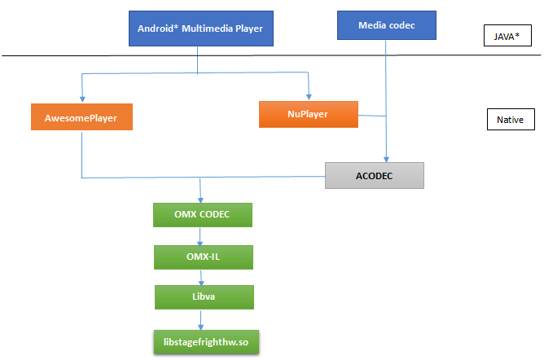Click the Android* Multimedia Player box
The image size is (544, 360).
pos(201,29)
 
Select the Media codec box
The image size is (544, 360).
pos(387,25)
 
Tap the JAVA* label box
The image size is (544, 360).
pos(507,35)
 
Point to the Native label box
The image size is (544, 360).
pos(511,119)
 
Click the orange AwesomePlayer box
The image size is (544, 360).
pos(81,117)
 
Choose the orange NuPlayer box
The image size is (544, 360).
pos(309,115)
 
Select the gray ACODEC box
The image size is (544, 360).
pos(375,175)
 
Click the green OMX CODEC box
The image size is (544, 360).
pos(203,215)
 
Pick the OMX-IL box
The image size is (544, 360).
pos(204,257)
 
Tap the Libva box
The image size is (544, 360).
pos(204,297)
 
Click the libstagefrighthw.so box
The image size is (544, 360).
pos(206,342)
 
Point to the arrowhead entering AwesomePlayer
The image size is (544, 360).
pos(82,99)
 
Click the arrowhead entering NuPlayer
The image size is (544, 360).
pos(309,97)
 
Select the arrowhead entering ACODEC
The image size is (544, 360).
pos(386,159)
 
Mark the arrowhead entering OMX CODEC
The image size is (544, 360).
pos(200,200)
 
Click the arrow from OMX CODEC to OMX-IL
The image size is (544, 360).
pos(200,236)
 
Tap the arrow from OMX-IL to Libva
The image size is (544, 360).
pos(201,278)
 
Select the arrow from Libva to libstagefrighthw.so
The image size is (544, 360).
pos(200,320)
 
